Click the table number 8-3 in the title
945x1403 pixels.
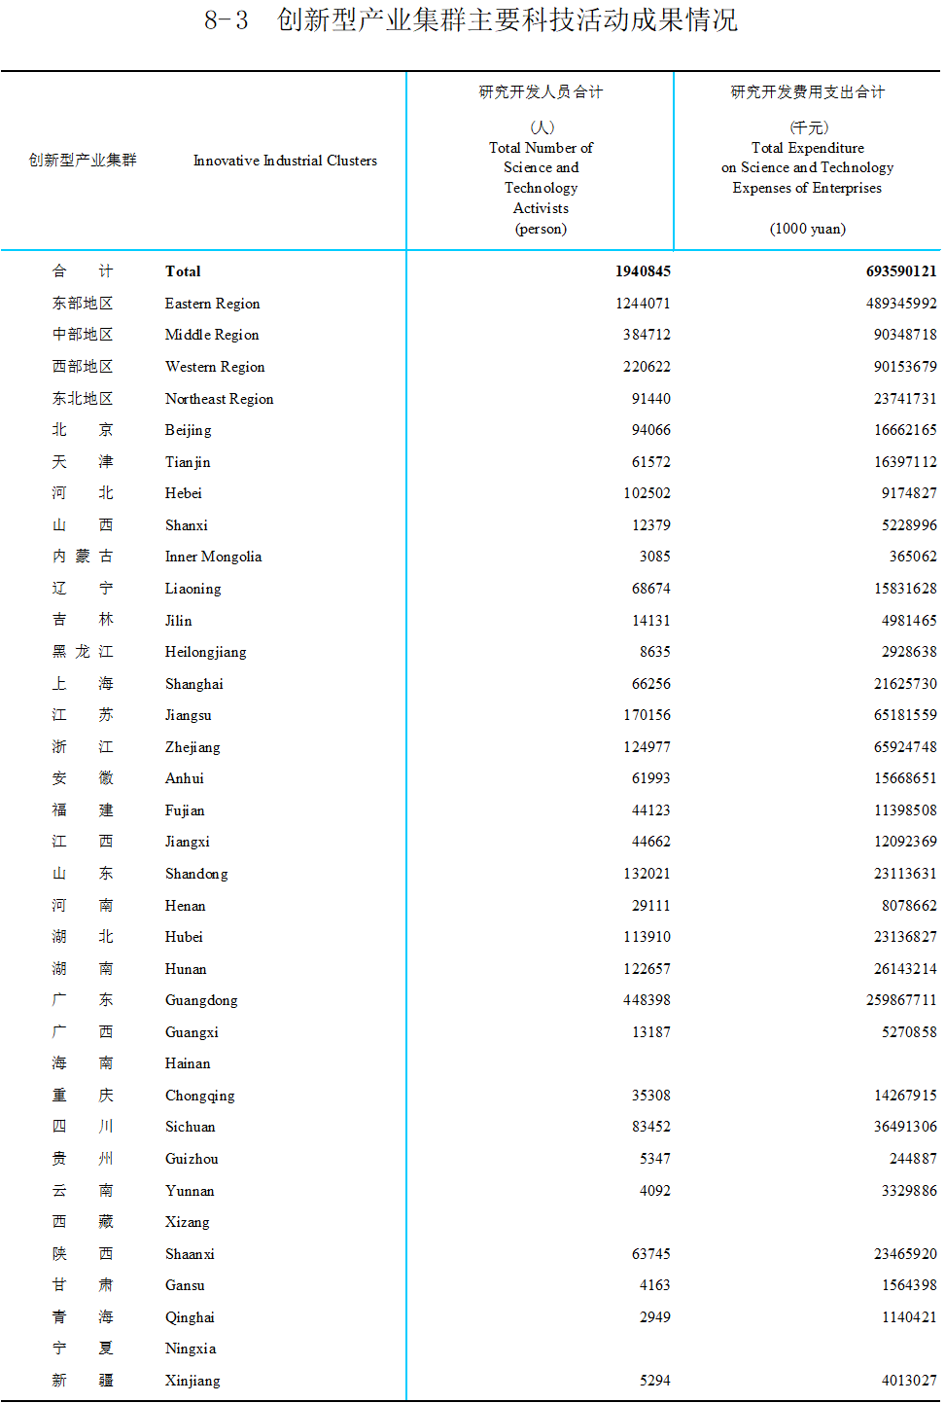[x=226, y=20]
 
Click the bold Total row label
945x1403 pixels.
[x=183, y=271]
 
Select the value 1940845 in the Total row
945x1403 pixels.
[x=642, y=271]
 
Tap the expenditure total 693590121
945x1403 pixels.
[x=900, y=271]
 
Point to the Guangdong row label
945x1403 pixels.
[x=201, y=1000]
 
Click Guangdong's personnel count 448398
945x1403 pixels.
[x=647, y=1000]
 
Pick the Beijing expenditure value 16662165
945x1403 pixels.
[x=905, y=430]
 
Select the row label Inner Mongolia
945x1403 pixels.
[x=213, y=557]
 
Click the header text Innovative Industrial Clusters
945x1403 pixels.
[x=285, y=161]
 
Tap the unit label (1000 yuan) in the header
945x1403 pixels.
[x=807, y=229]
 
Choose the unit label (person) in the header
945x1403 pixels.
[x=541, y=229]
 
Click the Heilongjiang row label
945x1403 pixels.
[x=205, y=652]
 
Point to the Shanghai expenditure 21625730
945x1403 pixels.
[x=905, y=684]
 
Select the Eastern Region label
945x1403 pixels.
[x=212, y=304]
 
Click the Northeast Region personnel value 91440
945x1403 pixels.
[x=650, y=399]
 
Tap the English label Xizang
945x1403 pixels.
[x=187, y=1222]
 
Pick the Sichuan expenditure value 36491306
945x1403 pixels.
[x=905, y=1127]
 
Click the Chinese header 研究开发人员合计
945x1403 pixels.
[x=541, y=92]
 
